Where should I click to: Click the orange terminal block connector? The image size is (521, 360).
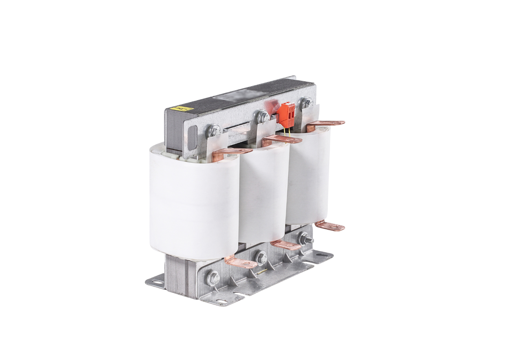[x=287, y=113]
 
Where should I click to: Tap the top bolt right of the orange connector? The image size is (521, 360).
[x=306, y=102]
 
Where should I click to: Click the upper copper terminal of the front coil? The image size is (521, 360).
[x=232, y=152]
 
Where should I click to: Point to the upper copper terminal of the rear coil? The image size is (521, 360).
[x=326, y=124]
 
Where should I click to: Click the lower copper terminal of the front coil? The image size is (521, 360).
[x=241, y=263]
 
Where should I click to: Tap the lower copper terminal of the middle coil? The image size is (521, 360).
[x=285, y=245]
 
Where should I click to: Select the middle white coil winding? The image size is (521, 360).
[x=264, y=191]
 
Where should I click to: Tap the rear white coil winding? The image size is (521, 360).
[x=307, y=175]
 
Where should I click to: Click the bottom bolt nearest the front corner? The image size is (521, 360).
[x=213, y=278]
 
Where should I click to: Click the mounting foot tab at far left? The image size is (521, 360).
[x=155, y=281]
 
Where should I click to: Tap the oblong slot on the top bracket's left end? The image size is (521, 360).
[x=193, y=136]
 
